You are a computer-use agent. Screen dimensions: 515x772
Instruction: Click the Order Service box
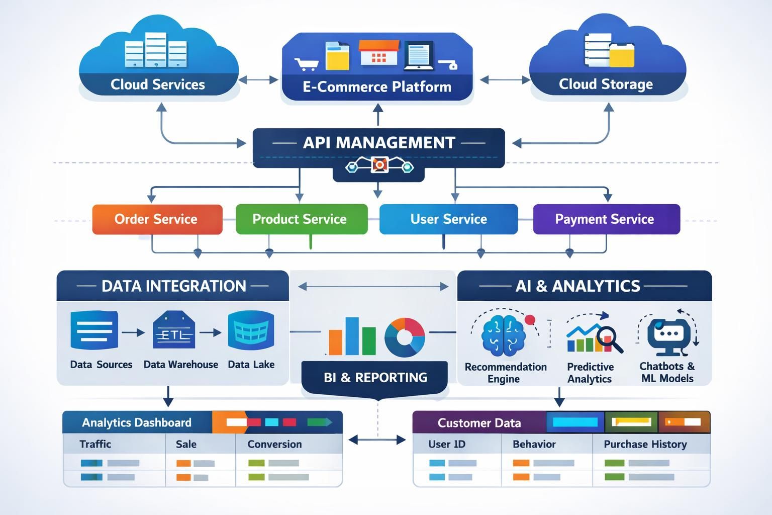[157, 219]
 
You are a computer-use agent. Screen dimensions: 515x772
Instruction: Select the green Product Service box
[301, 219]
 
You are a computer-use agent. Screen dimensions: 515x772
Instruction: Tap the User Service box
[448, 219]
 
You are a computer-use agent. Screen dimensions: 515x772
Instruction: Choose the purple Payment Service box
[606, 219]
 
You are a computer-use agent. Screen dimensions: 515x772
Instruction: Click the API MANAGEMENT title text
[379, 143]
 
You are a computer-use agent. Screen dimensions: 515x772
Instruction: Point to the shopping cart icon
[306, 64]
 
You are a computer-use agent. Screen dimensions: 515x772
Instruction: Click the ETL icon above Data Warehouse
[173, 330]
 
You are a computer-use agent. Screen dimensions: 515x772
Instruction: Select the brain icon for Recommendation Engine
[503, 334]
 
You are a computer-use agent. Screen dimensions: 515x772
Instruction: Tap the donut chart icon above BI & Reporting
[405, 337]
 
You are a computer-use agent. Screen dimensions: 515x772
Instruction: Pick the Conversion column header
[274, 444]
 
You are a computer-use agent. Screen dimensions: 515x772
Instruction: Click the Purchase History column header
[645, 444]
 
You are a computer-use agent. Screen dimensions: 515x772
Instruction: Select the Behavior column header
[534, 444]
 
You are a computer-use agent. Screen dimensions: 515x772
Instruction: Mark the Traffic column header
[95, 444]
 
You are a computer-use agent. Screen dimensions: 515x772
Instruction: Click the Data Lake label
[251, 365]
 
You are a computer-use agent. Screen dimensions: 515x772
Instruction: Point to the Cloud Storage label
[606, 84]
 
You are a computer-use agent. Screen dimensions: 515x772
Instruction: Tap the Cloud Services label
[158, 84]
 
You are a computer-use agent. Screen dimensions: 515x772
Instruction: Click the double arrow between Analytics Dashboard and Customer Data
[377, 440]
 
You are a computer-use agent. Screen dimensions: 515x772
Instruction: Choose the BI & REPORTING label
[375, 377]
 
